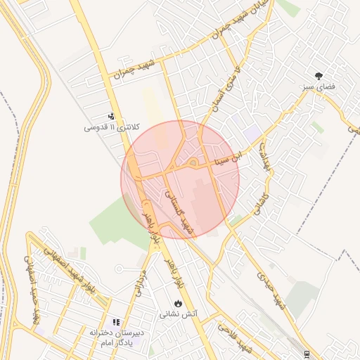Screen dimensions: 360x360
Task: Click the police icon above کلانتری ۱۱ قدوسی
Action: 111,116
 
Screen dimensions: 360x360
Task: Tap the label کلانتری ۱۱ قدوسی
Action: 112,127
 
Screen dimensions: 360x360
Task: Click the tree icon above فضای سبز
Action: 320,75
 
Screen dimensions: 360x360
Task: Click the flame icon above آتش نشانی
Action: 179,302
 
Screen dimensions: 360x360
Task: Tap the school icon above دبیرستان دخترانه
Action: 117,321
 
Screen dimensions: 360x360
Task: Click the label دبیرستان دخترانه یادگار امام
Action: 117,337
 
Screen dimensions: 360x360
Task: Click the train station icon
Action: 306,353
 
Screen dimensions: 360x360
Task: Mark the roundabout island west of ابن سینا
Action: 193,164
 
